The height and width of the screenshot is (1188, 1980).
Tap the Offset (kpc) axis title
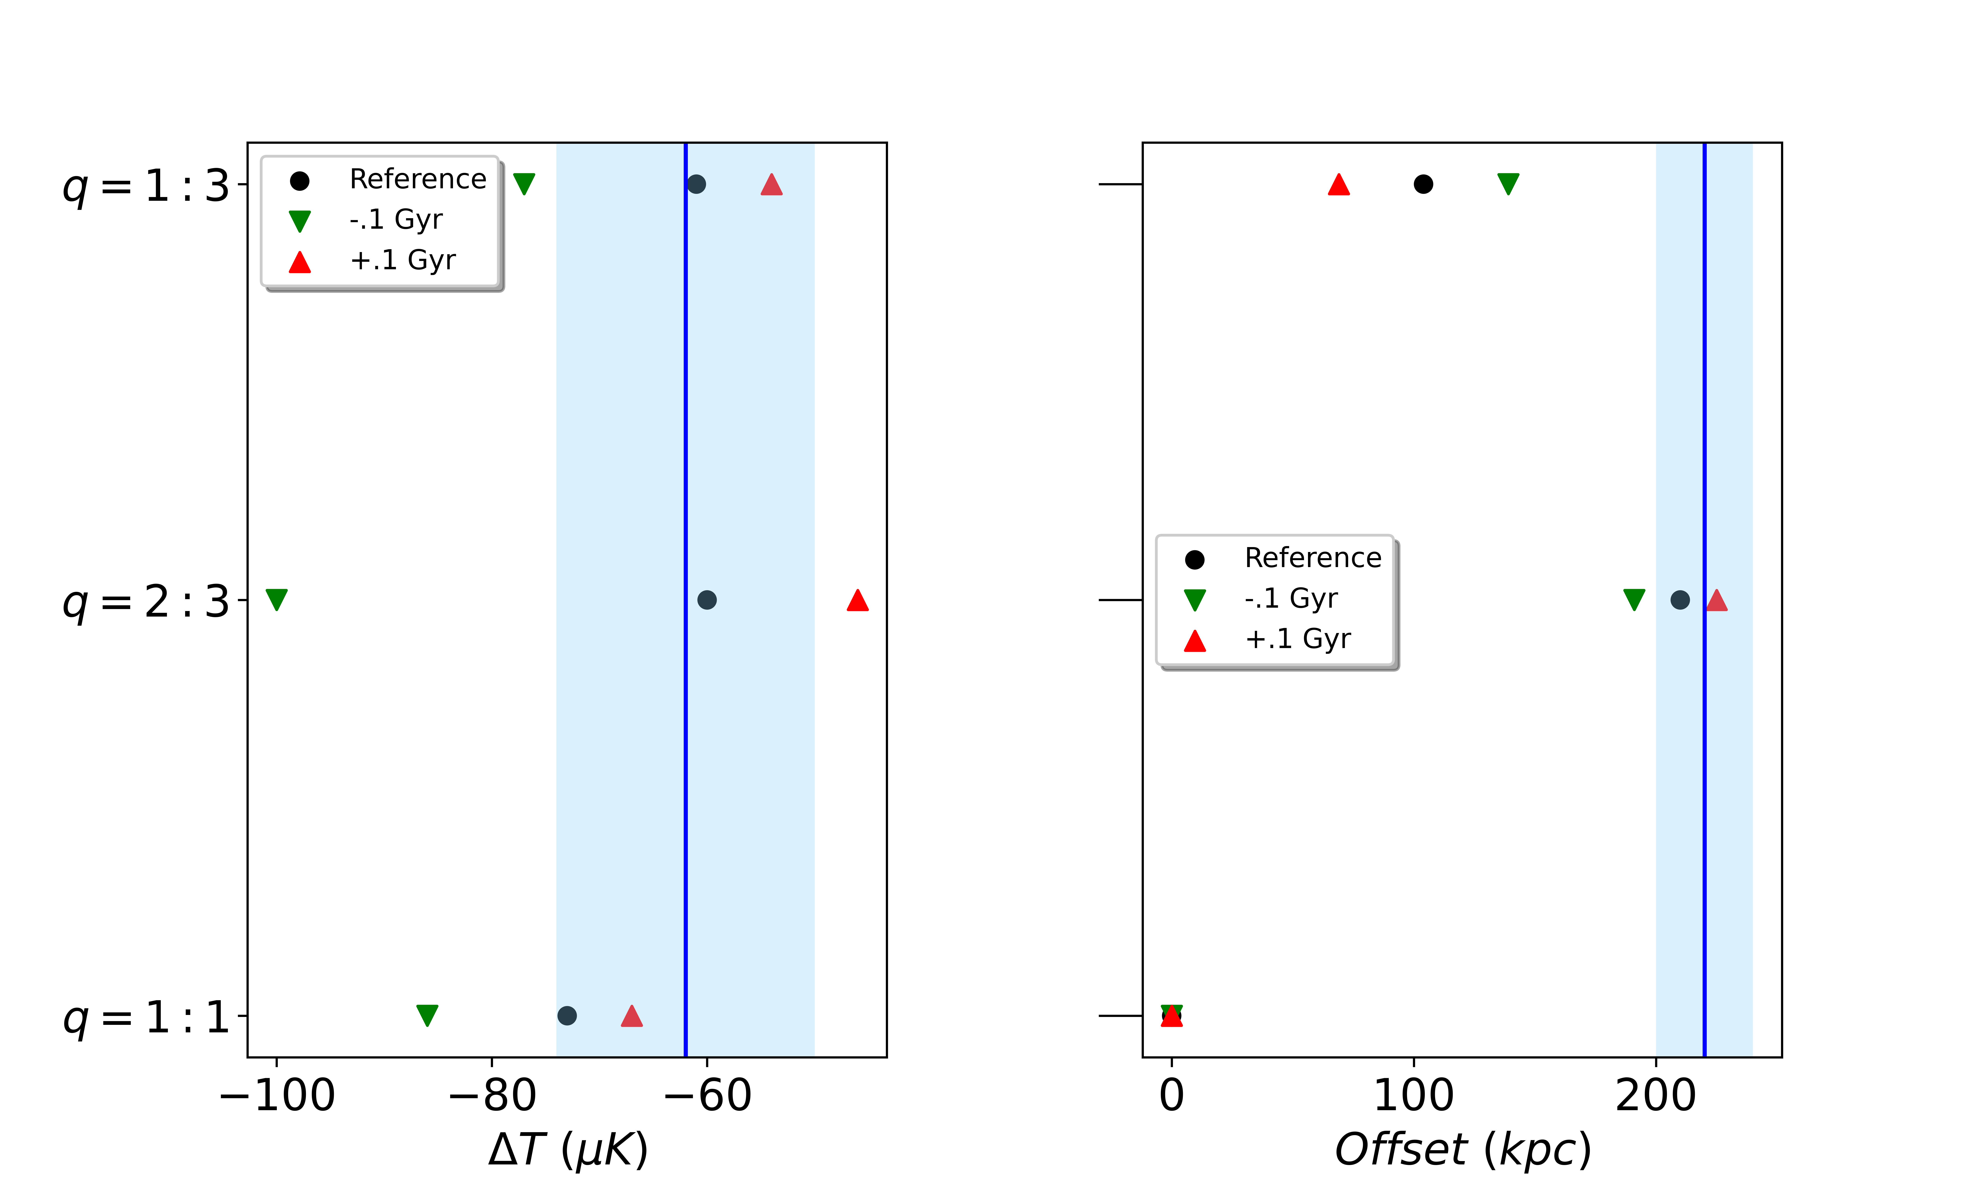pos(1462,1150)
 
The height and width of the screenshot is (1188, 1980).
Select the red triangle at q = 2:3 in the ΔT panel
pos(857,600)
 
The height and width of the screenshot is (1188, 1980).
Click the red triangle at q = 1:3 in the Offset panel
pos(1338,185)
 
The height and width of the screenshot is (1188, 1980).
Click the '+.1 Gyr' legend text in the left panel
pos(403,260)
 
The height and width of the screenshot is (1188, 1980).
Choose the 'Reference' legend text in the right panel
pos(1313,558)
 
